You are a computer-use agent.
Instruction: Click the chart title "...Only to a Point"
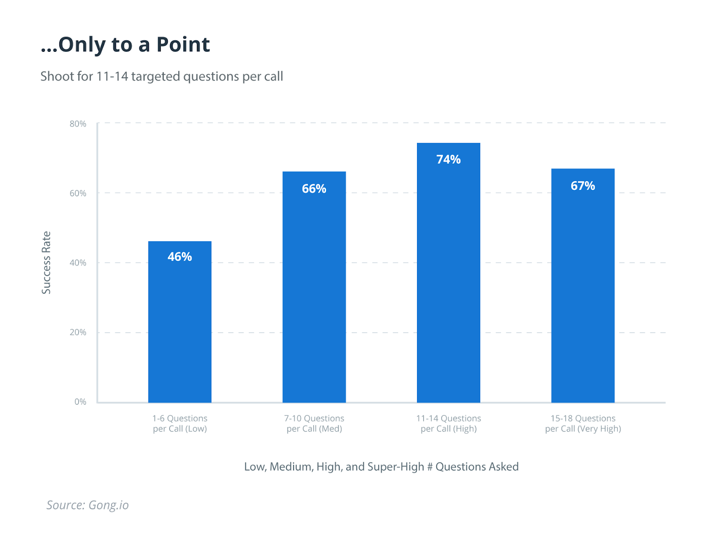[125, 44]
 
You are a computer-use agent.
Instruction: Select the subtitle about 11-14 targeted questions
[162, 76]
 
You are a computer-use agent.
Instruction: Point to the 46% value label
[180, 257]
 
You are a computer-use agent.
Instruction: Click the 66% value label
[314, 189]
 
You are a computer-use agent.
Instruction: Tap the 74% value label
[449, 160]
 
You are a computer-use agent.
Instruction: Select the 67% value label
[583, 186]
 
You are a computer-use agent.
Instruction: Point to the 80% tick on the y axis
[78, 124]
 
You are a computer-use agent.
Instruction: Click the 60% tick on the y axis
[78, 193]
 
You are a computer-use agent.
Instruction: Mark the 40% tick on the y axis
[78, 263]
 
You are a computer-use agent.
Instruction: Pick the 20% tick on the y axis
[78, 332]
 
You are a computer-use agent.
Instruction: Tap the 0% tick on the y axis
[80, 402]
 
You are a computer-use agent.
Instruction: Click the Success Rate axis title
[46, 263]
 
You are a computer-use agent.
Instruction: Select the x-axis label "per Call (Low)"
[180, 429]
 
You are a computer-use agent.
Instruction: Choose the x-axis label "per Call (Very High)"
[583, 429]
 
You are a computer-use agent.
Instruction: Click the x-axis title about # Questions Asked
[381, 467]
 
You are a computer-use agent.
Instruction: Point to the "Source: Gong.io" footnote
[87, 505]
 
